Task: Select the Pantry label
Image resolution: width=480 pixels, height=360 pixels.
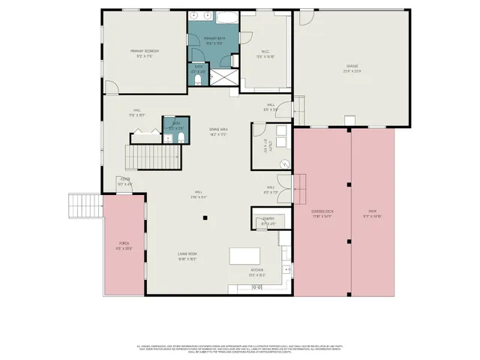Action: [268, 222]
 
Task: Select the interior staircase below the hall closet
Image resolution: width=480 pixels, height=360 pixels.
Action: [153, 157]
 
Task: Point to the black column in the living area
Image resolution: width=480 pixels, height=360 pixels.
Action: [205, 218]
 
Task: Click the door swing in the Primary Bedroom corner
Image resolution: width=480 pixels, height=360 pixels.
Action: [111, 88]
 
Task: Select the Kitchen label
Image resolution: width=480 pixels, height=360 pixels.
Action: [256, 271]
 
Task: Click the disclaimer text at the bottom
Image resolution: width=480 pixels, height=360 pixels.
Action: [240, 349]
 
